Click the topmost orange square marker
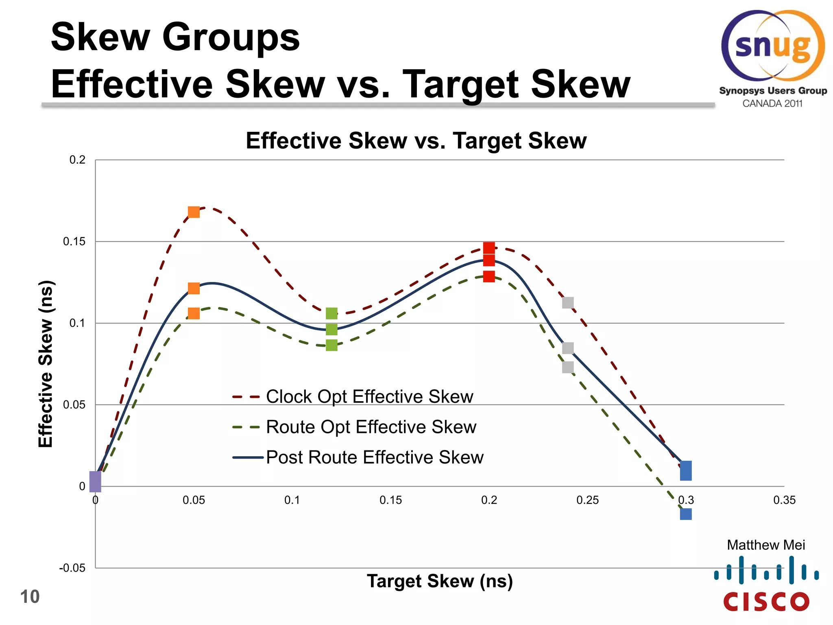[x=194, y=212]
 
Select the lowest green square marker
[x=331, y=345]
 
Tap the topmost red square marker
[x=489, y=248]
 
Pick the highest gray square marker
[x=568, y=303]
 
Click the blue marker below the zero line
[x=686, y=514]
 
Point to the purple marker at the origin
[x=95, y=482]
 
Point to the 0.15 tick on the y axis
[x=74, y=242]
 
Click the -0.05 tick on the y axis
[x=72, y=568]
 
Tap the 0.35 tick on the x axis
[x=784, y=500]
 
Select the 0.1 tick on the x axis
[x=292, y=500]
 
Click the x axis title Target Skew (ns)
[x=440, y=581]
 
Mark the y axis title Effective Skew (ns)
[x=46, y=364]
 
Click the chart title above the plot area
[x=416, y=141]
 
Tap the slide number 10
[x=30, y=597]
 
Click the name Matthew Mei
[x=766, y=545]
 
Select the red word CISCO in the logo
[x=766, y=602]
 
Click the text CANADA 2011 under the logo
[x=772, y=103]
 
